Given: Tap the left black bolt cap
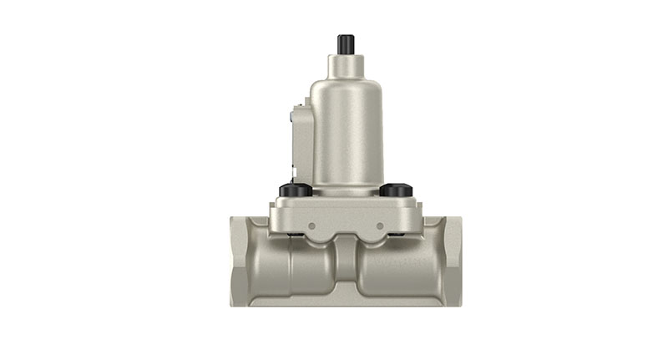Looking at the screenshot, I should click(296, 190).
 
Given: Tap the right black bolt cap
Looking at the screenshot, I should click(396, 190).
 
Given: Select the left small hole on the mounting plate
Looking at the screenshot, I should click(310, 226).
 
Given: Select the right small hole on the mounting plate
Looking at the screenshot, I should click(380, 226).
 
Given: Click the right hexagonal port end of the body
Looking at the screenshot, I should click(448, 260).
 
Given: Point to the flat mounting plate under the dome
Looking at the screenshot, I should click(346, 214).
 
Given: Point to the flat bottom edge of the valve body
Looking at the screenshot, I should click(346, 302).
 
